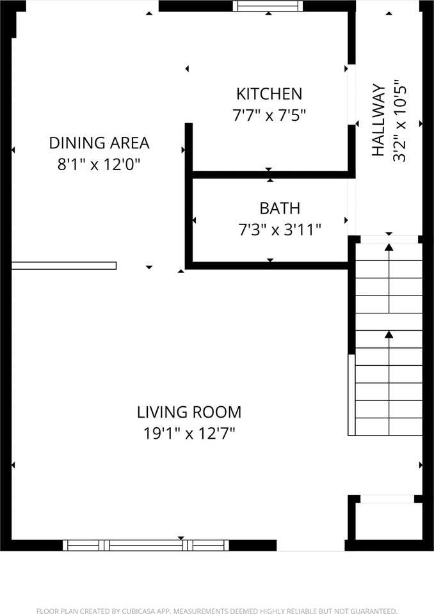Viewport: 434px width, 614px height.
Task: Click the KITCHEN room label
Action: tap(269, 94)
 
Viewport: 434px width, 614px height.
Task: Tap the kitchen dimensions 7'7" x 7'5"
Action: tap(269, 116)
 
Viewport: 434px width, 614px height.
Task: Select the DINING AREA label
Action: tap(99, 143)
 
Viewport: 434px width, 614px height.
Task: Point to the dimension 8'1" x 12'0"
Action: tap(99, 164)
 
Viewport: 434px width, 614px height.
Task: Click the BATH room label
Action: tap(280, 208)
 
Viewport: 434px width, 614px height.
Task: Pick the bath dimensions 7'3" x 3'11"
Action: tap(280, 230)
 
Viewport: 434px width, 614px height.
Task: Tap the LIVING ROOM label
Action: tap(189, 412)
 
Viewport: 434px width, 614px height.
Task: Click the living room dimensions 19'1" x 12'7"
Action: tap(189, 434)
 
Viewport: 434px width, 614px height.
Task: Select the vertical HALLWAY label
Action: tap(378, 120)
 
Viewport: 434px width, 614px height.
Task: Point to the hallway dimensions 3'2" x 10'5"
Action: tap(400, 120)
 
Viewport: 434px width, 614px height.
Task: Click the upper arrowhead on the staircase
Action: tap(389, 246)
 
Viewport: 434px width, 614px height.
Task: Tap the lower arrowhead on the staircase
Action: tap(389, 334)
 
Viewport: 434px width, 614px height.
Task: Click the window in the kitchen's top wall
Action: tap(267, 6)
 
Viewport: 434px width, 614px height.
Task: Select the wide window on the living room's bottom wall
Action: tap(146, 545)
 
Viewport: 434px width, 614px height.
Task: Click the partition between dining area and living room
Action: tap(64, 265)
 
